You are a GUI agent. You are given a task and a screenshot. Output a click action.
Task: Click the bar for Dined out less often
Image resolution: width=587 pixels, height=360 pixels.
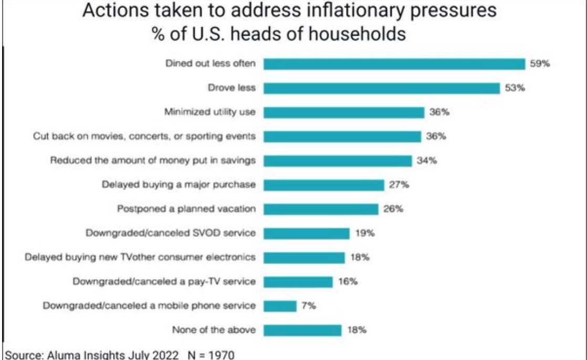click(394, 64)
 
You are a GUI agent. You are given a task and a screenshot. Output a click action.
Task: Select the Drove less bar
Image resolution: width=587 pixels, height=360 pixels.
click(381, 88)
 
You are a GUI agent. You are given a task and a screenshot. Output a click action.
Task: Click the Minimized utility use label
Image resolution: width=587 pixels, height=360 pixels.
click(210, 112)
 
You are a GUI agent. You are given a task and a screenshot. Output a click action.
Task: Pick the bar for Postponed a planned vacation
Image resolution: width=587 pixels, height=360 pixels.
click(320, 209)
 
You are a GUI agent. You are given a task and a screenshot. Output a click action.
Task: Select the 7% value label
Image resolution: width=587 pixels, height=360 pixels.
click(308, 305)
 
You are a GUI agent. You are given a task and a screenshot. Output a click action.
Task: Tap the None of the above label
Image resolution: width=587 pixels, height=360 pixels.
click(214, 330)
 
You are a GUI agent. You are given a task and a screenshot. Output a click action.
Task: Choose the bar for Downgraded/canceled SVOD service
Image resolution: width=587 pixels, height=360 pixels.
click(306, 234)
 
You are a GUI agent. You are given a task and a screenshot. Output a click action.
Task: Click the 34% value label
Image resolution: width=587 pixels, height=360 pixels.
click(427, 161)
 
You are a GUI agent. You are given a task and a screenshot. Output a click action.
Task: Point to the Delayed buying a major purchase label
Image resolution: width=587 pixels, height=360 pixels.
click(178, 185)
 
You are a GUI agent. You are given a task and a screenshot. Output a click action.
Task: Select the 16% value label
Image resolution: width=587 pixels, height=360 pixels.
click(348, 281)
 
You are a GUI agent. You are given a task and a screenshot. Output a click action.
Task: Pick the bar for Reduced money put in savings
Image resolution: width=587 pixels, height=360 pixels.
click(337, 161)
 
